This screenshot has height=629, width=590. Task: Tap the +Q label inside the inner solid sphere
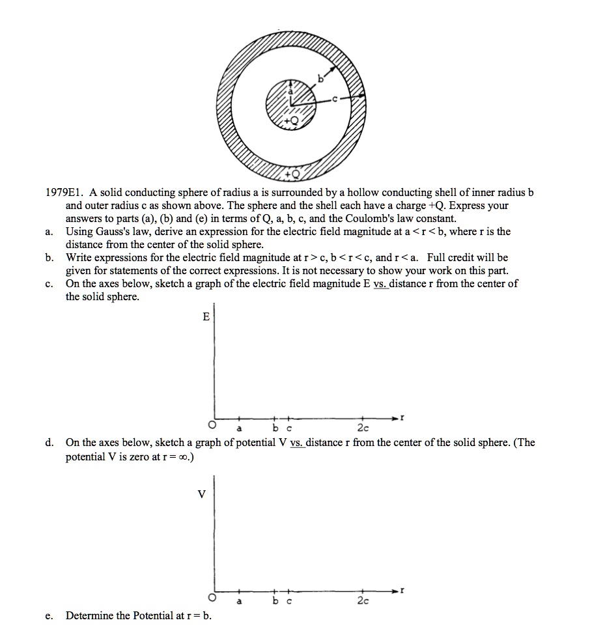point(296,122)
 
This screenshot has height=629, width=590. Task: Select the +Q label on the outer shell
point(297,174)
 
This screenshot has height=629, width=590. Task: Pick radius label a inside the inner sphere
point(290,92)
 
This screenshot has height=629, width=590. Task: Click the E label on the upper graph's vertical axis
point(206,317)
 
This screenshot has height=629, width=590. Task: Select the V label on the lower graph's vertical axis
point(201,494)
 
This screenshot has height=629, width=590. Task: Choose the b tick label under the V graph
point(274,600)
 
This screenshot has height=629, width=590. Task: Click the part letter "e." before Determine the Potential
point(49,615)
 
